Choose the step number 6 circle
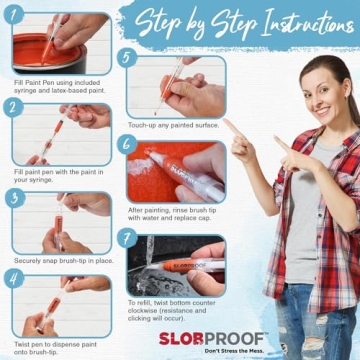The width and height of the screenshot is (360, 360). (125, 144)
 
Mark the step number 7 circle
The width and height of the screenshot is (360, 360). (125, 236)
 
